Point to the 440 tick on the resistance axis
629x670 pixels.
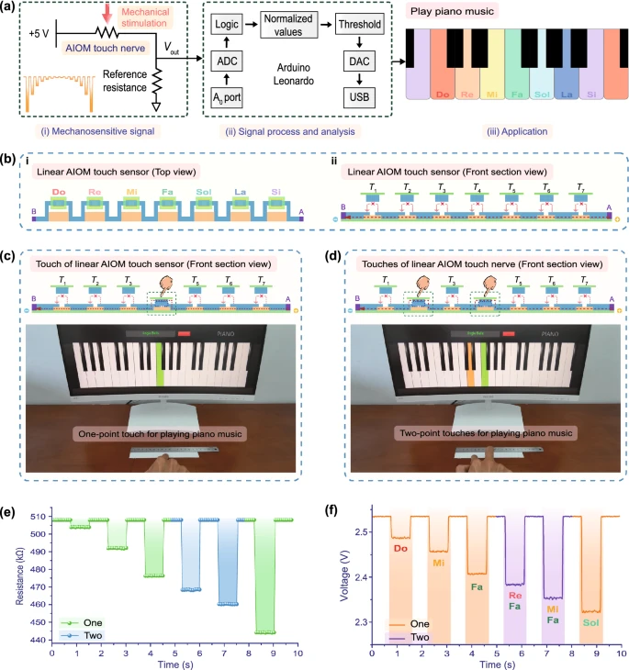click(x=39, y=640)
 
